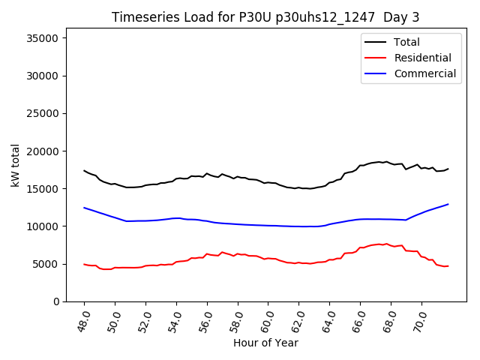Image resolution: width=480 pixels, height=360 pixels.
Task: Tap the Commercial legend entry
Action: pos(424,73)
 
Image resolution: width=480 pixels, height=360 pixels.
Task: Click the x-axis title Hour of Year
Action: pos(265,343)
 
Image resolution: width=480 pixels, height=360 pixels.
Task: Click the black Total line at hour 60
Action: pos(268,182)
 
